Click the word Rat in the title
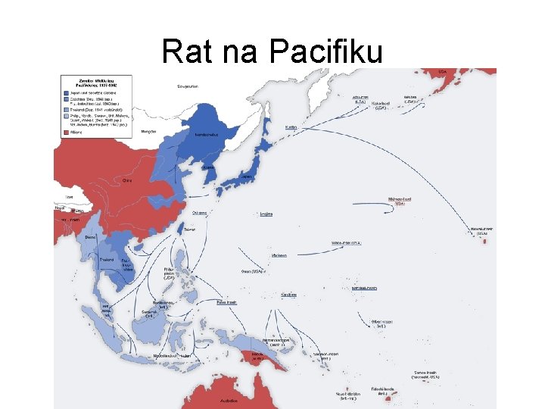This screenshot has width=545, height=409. (185, 52)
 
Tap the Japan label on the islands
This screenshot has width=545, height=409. (247, 176)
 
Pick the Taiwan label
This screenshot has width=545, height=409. (190, 228)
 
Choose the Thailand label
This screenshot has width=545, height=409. (107, 259)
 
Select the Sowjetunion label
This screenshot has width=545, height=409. (188, 86)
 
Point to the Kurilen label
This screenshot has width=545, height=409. (291, 127)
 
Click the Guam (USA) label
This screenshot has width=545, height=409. (252, 271)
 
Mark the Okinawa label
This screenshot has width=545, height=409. (200, 213)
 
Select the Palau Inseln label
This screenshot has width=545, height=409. (226, 301)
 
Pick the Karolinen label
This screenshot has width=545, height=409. (288, 295)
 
